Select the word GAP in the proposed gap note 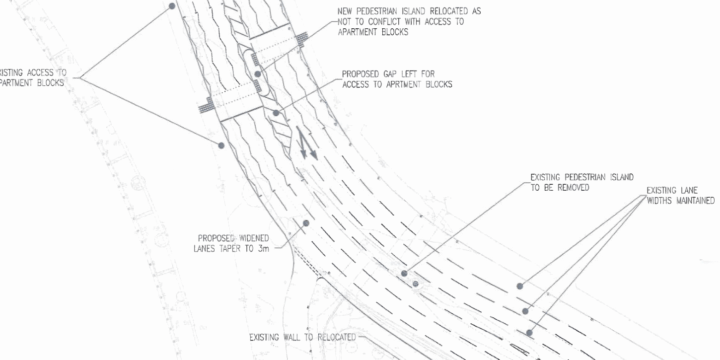(x=391, y=73)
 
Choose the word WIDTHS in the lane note (x=630, y=201)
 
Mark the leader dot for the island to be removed (x=405, y=273)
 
